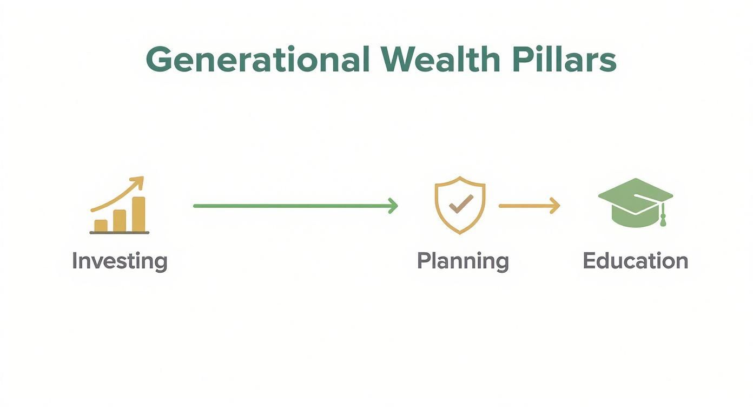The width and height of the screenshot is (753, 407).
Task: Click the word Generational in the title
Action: (257, 60)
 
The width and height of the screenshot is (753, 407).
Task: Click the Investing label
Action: (120, 261)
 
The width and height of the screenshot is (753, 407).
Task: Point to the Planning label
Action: (463, 261)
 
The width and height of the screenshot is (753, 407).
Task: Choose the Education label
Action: (635, 261)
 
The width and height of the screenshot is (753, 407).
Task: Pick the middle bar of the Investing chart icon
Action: (120, 220)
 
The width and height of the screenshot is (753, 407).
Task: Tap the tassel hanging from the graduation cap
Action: (663, 220)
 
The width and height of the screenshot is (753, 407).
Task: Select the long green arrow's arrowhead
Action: (394, 206)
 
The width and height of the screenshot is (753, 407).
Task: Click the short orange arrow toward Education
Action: (529, 206)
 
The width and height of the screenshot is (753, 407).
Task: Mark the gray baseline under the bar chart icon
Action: (120, 233)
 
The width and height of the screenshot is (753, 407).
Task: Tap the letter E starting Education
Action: (589, 261)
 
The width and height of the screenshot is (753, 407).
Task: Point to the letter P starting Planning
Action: (423, 261)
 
